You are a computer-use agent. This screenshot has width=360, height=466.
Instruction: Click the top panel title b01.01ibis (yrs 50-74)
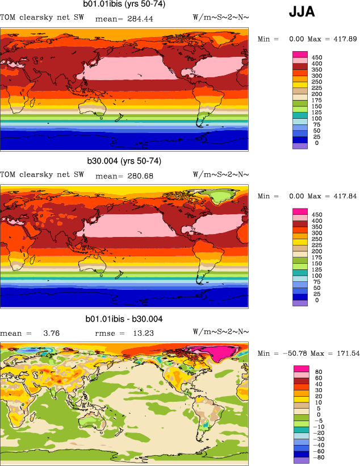pyautogui.click(x=124, y=6)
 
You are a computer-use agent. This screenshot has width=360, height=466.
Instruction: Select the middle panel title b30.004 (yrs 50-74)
pyautogui.click(x=124, y=161)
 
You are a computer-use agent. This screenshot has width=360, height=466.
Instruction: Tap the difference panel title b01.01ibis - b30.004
pyautogui.click(x=124, y=319)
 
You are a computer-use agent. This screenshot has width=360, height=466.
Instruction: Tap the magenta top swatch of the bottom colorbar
pyautogui.click(x=300, y=369)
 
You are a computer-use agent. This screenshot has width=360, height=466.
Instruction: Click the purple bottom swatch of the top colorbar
pyautogui.click(x=300, y=146)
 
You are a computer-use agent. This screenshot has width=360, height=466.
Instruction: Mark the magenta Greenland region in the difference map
pyautogui.click(x=221, y=355)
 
